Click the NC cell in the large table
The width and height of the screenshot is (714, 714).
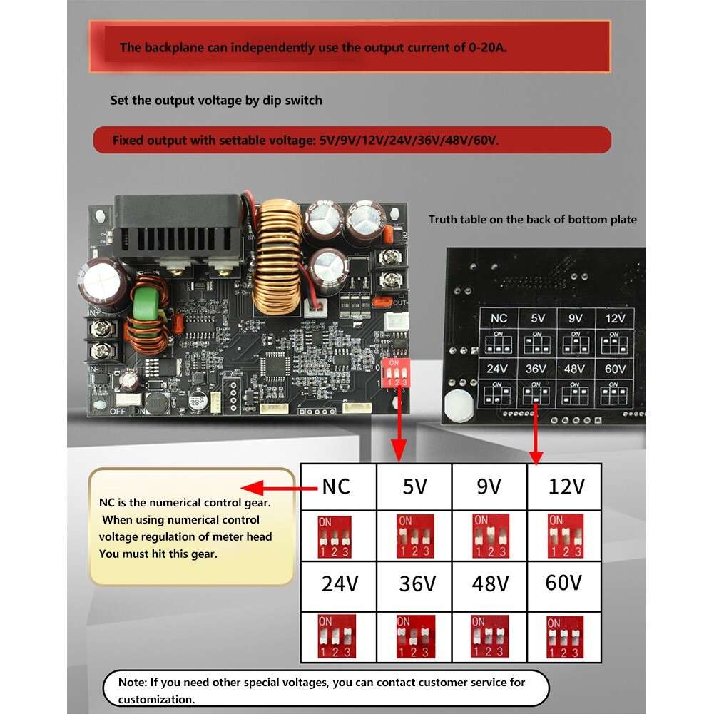pos(337,487)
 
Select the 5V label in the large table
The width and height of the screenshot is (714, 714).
pos(414,487)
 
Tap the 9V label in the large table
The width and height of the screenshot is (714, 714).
pos(489,487)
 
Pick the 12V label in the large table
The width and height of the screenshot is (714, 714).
pos(566,487)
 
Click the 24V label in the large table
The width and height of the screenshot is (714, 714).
pos(339,584)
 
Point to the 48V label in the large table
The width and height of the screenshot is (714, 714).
pos(490,584)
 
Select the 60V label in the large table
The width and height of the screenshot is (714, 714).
pos(563,583)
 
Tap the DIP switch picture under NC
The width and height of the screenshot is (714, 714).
pos(336,536)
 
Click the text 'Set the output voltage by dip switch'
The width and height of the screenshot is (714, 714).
pos(215,101)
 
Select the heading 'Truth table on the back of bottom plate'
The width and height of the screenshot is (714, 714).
pos(532,220)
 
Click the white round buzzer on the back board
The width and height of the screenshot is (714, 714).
pos(459,404)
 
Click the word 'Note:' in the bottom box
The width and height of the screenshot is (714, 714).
pos(132,683)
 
